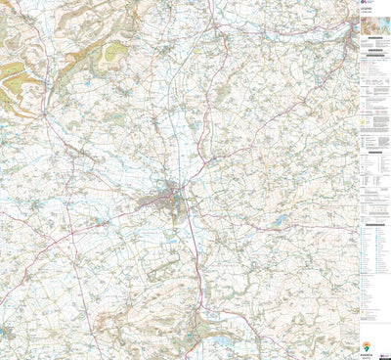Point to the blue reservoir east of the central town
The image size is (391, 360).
pos(281,220)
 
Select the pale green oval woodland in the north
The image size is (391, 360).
pos(116,51)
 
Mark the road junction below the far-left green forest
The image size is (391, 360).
pos(44,116)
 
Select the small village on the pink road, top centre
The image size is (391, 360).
pos(222,29)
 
